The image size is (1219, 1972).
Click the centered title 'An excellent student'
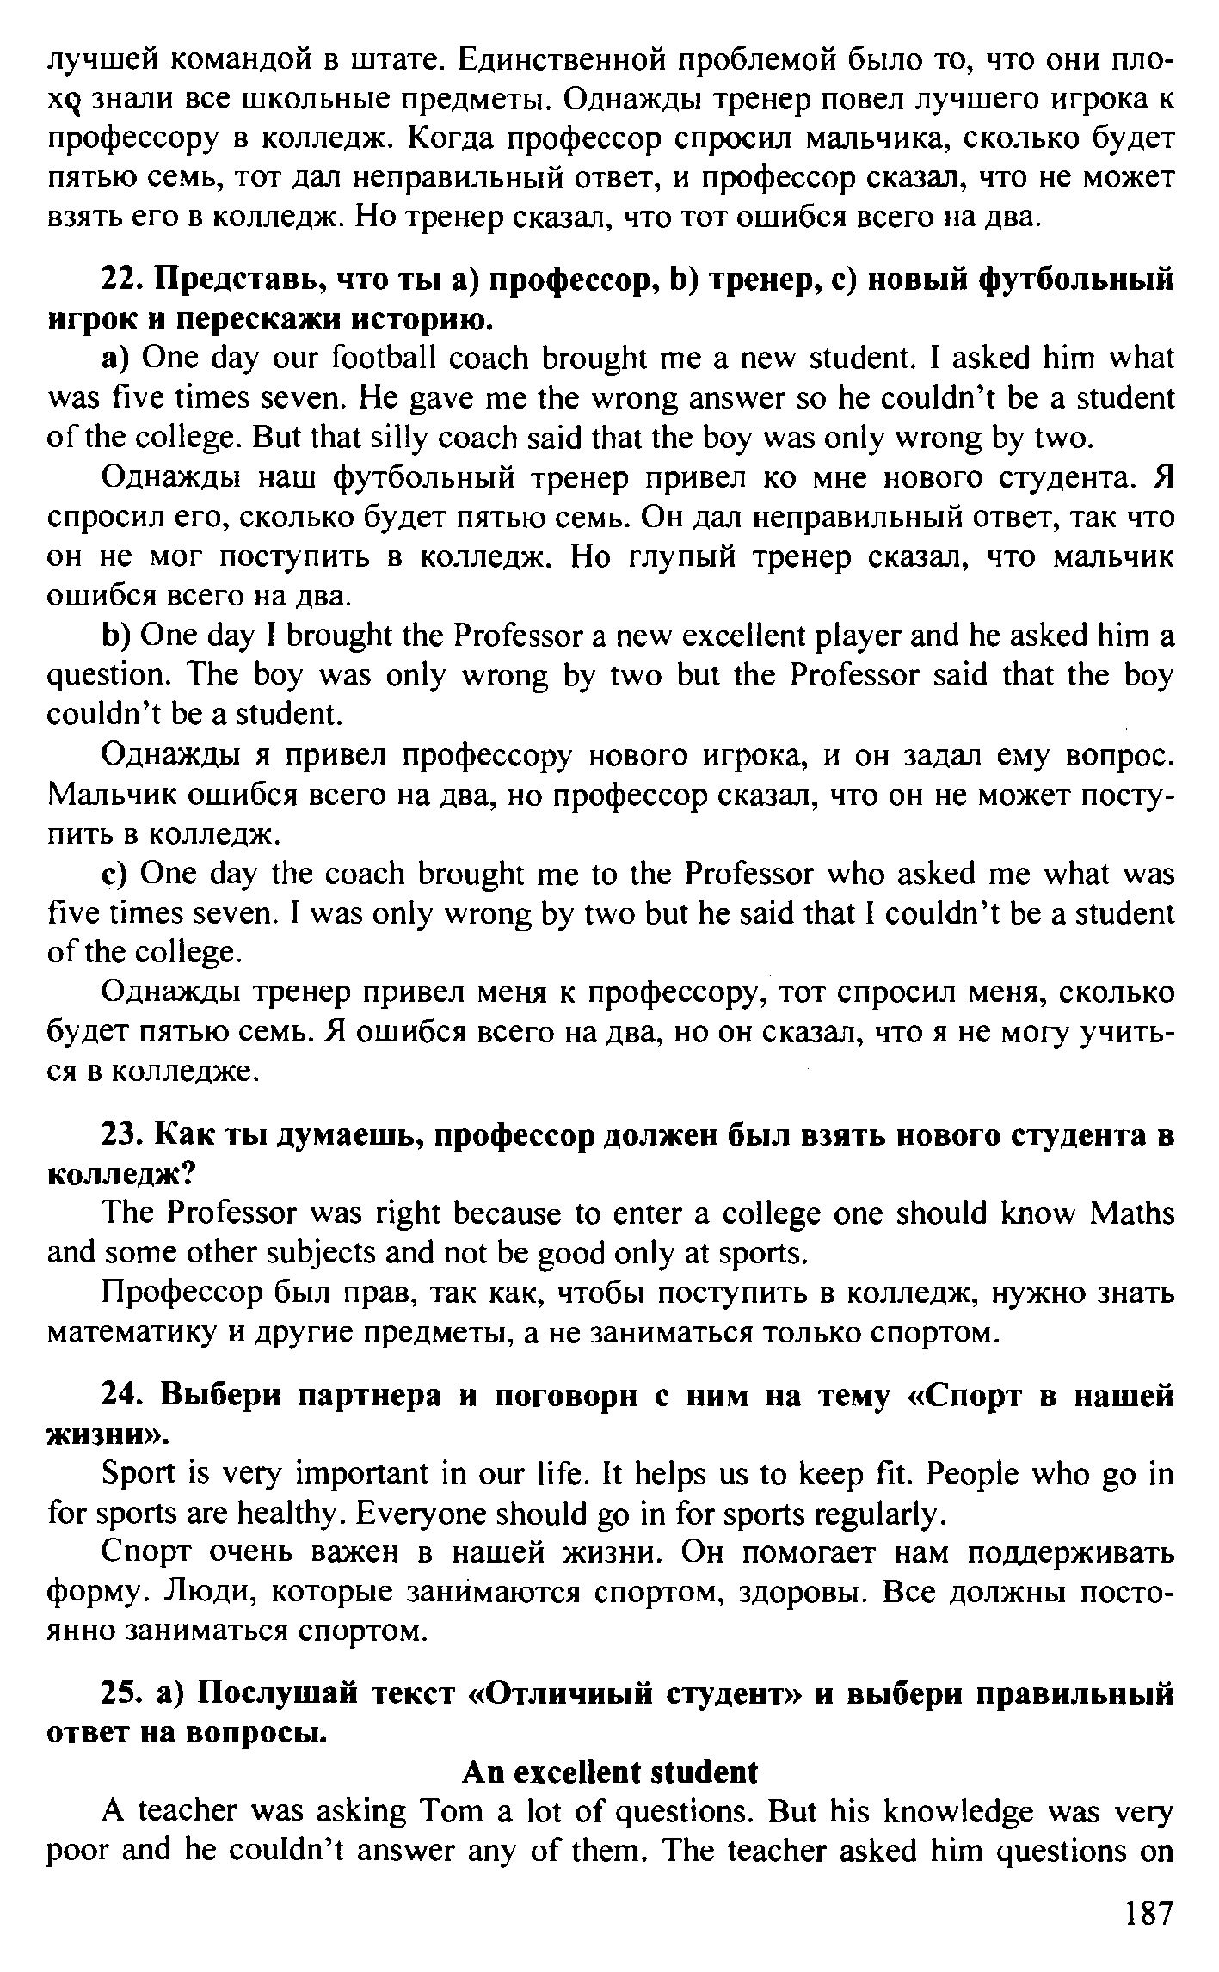point(611,1772)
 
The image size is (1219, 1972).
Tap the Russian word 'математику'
point(129,1334)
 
